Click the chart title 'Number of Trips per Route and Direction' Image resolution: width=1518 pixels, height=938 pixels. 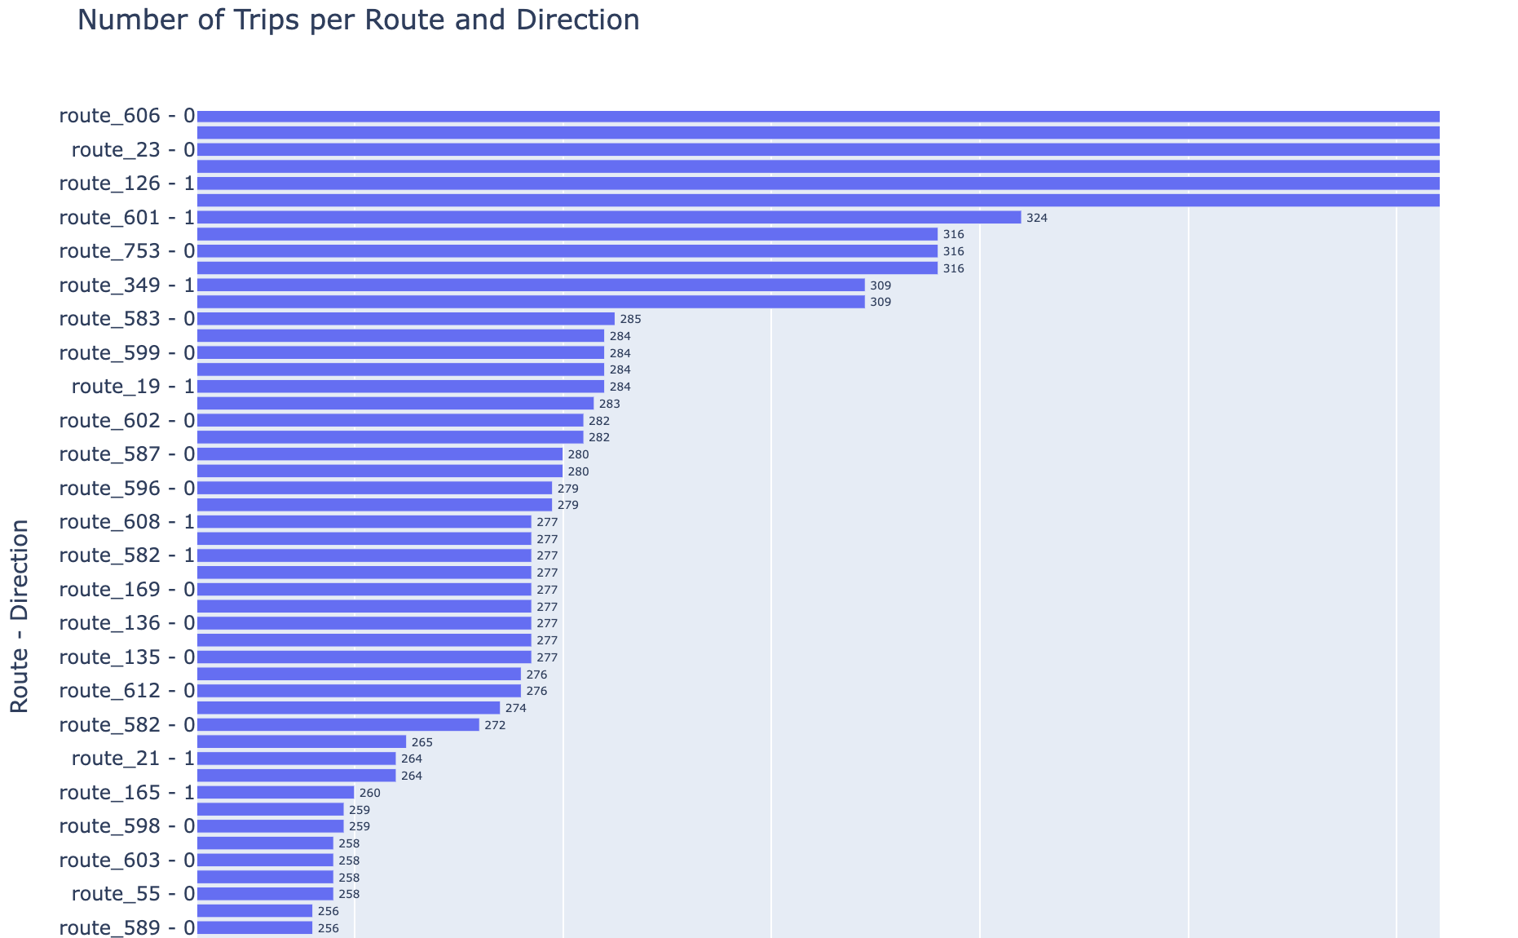tap(358, 20)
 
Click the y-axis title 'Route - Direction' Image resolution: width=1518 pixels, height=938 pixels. tap(20, 616)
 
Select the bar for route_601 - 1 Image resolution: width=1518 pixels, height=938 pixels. tap(608, 218)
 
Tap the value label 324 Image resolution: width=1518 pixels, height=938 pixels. tap(1036, 219)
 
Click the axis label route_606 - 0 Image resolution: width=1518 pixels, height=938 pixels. tap(127, 116)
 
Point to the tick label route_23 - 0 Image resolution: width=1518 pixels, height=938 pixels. tap(133, 150)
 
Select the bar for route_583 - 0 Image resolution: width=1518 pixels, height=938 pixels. tap(405, 319)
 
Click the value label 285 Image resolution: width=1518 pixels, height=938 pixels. tap(630, 320)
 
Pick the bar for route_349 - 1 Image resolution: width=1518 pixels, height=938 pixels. tap(530, 285)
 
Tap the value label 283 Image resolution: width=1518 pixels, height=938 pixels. tap(609, 404)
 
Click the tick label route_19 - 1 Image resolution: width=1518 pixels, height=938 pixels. tap(133, 387)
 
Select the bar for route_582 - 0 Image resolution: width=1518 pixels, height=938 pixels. tap(338, 725)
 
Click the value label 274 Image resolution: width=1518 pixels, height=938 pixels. tap(515, 709)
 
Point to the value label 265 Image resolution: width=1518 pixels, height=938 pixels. tap(421, 742)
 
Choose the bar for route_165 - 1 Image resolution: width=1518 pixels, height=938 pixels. tap(275, 793)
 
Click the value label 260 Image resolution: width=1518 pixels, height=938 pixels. tap(369, 794)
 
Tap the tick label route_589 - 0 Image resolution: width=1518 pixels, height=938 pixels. tap(127, 928)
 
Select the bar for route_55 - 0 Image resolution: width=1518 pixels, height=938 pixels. tap(265, 894)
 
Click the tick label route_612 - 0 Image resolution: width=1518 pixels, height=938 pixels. tap(127, 691)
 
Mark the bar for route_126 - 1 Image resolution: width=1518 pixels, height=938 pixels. tap(818, 184)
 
